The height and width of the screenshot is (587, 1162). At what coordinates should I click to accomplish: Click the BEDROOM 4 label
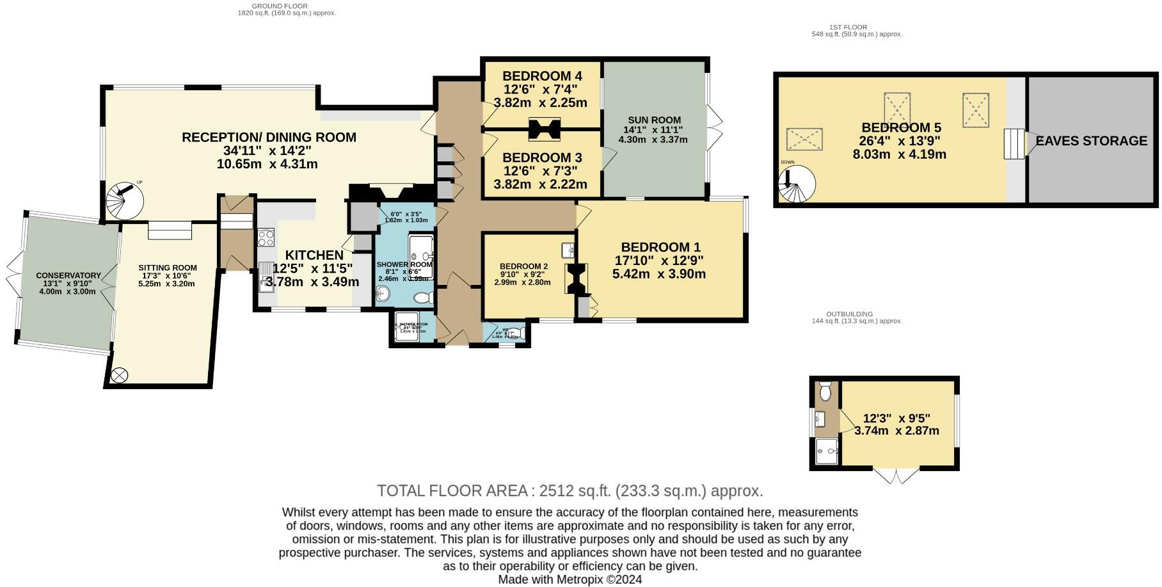[x=542, y=76]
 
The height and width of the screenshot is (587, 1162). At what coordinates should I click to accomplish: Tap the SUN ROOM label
[x=654, y=120]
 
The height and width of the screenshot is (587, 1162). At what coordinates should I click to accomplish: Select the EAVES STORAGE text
[x=1091, y=141]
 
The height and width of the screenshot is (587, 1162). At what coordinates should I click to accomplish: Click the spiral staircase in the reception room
[x=125, y=200]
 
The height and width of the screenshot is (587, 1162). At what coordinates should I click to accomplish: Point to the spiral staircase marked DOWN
[x=797, y=184]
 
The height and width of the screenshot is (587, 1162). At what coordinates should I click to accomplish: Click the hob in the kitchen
[x=265, y=238]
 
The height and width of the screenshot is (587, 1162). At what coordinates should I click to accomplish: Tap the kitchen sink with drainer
[x=266, y=277]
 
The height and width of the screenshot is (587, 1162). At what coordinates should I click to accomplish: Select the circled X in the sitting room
[x=120, y=375]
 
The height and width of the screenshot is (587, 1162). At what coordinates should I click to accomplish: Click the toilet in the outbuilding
[x=824, y=390]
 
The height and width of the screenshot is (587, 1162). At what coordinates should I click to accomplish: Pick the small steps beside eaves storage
[x=1013, y=144]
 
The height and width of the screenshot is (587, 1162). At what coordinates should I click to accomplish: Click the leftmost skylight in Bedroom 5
[x=804, y=139]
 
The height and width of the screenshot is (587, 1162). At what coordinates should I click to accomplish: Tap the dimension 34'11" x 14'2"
[x=268, y=150]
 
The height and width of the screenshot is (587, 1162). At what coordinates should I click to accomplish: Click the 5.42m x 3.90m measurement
[x=659, y=274]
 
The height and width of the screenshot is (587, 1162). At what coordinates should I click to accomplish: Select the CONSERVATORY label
[x=68, y=275]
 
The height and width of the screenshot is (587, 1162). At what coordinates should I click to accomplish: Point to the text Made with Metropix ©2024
[x=569, y=579]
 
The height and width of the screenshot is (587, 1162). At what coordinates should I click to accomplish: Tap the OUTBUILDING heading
[x=849, y=314]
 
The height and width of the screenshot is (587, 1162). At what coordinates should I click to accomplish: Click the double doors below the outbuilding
[x=896, y=476]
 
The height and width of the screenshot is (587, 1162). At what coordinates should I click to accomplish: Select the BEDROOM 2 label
[x=523, y=266]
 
